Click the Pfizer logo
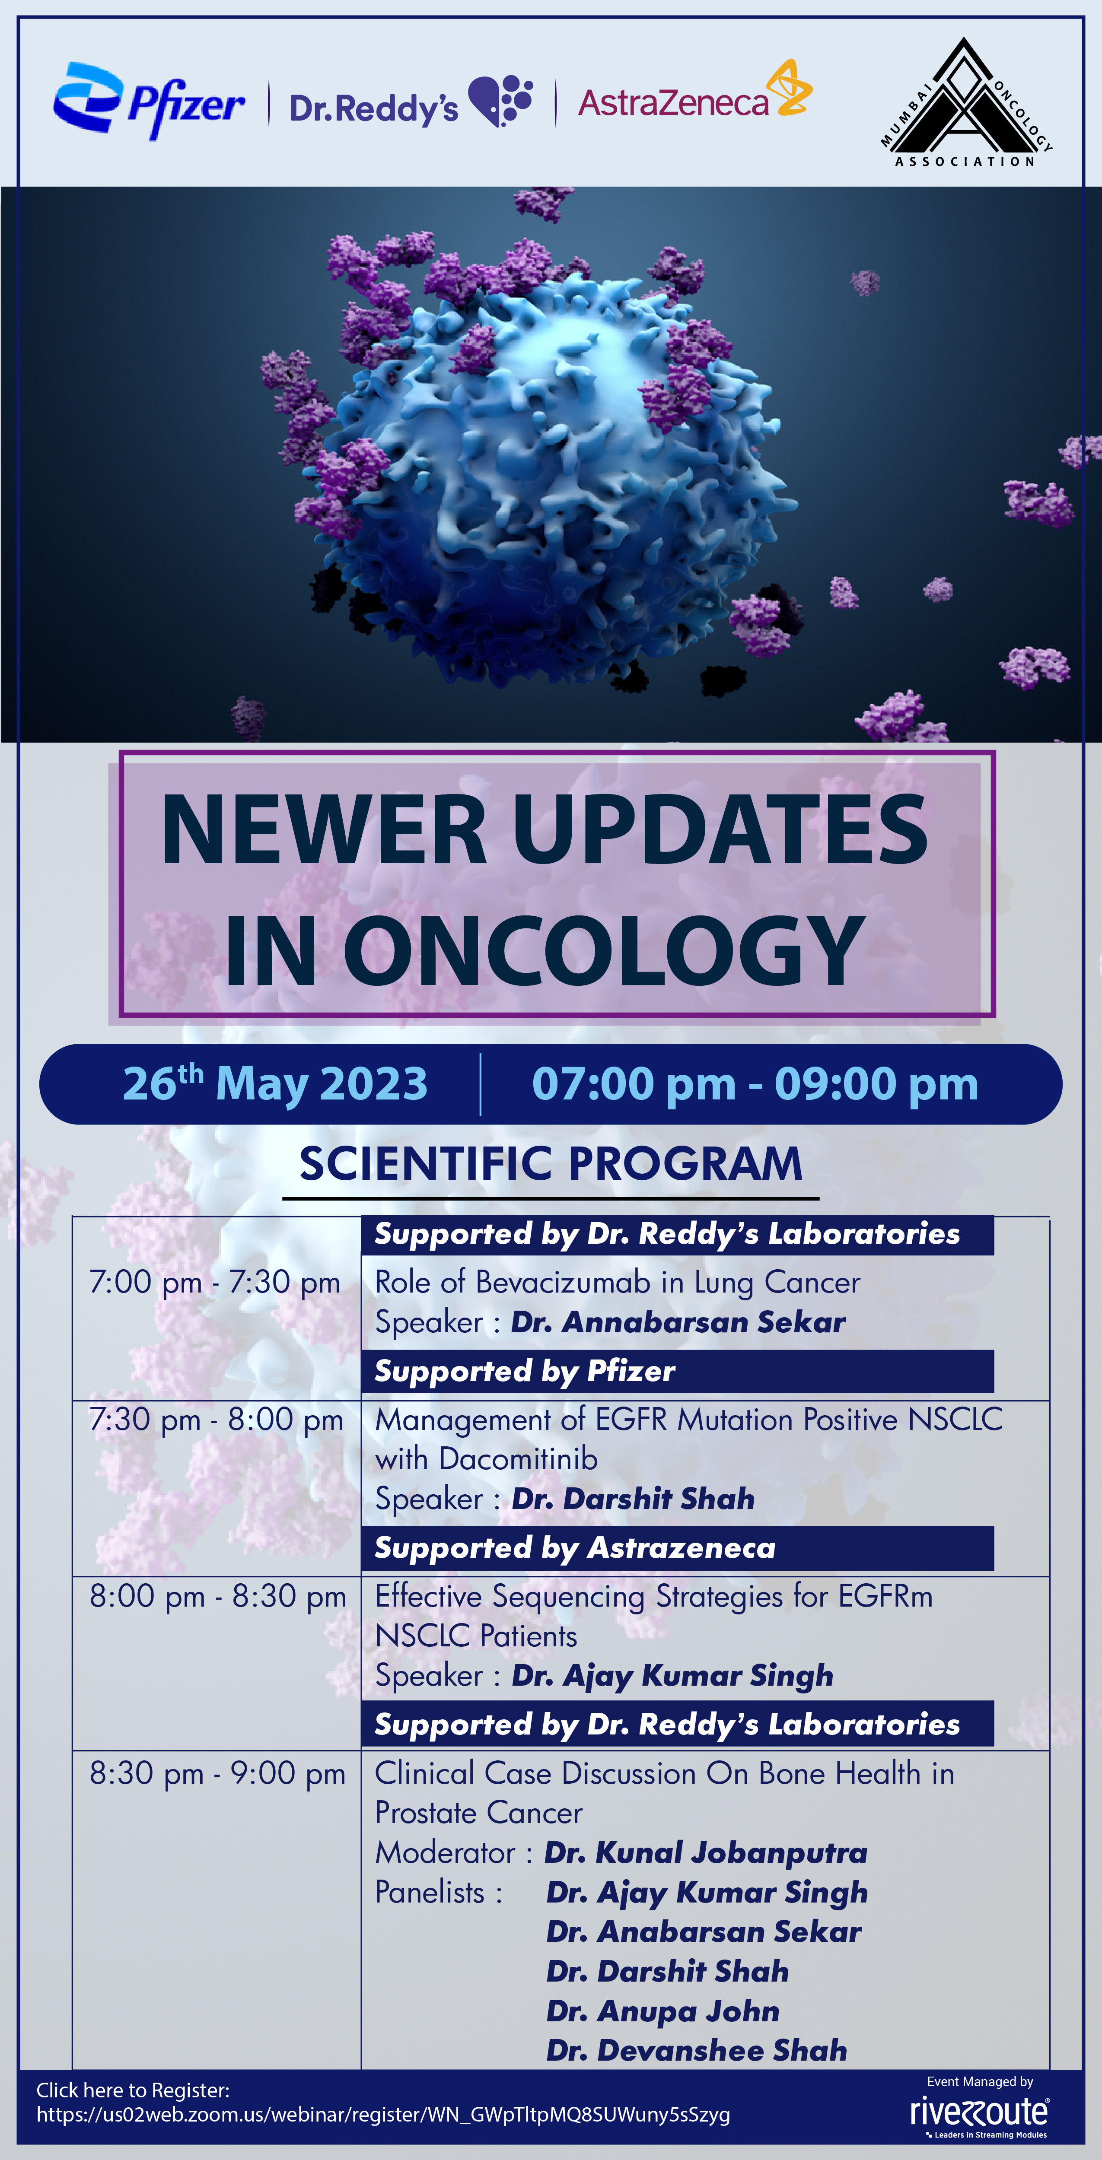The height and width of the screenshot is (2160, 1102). coord(148,101)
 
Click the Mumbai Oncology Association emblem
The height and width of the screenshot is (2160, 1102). coord(965,102)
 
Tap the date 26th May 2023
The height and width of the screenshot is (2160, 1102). coord(275,1083)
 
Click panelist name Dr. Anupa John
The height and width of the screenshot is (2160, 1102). coord(662,2011)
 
